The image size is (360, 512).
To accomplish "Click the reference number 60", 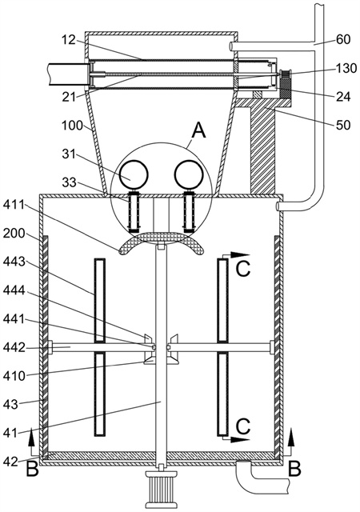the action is coord(342,39).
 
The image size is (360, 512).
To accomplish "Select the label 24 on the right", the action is coord(342,96).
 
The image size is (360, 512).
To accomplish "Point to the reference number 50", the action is coord(342,125).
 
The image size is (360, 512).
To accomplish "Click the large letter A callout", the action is coord(199,130).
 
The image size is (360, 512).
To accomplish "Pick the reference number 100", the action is coord(73,125).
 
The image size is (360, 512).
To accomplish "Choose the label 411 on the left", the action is coord(14,205).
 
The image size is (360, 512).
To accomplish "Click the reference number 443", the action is coord(14,262).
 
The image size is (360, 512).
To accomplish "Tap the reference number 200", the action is coord(14,233).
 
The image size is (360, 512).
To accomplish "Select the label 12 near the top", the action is coord(68,40).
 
